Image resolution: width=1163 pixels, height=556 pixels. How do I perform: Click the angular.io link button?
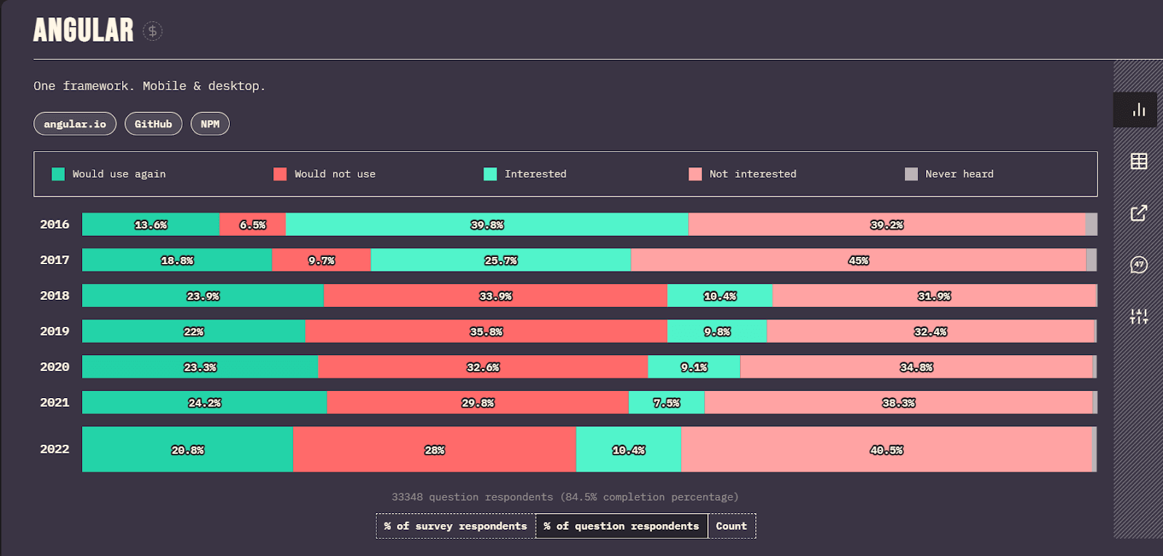[75, 124]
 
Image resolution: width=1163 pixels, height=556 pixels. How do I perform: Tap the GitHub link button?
[153, 124]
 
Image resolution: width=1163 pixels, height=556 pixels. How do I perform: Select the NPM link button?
[210, 124]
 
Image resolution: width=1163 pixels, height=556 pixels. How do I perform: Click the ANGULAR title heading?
[84, 31]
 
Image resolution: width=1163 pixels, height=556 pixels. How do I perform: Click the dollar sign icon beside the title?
[152, 31]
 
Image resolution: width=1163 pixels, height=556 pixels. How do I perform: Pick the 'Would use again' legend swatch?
[58, 174]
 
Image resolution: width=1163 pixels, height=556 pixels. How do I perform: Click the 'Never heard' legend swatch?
[911, 174]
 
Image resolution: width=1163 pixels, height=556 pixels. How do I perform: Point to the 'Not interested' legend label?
[752, 174]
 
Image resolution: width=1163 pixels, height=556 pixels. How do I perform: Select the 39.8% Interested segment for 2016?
[487, 224]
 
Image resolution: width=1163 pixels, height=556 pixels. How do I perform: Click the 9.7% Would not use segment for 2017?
[321, 260]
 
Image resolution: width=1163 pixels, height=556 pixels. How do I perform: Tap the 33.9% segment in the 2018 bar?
[496, 295]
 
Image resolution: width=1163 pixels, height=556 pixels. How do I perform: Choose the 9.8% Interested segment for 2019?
[717, 331]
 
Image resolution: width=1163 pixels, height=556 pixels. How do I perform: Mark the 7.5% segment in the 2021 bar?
[667, 402]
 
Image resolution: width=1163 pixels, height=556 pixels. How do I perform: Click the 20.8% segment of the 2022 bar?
[188, 450]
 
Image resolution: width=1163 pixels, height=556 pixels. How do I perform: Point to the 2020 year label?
[55, 367]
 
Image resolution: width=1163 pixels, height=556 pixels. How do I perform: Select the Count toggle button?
[731, 526]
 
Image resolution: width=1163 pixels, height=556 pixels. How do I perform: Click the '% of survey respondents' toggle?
[456, 526]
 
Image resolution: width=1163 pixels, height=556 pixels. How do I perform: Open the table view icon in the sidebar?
[1139, 161]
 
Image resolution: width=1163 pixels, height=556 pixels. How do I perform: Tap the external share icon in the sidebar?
[1139, 213]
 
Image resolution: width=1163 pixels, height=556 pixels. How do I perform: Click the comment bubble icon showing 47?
[1139, 265]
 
